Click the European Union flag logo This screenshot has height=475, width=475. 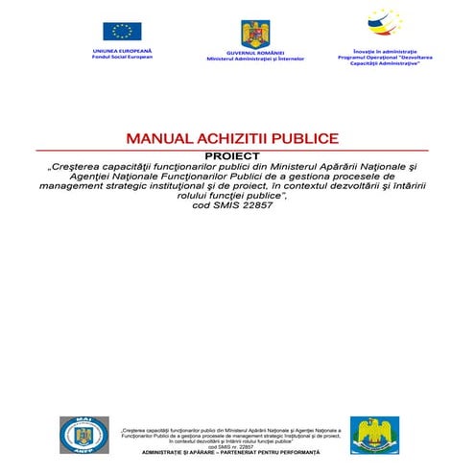(122, 32)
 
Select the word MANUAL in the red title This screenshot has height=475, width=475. (157, 139)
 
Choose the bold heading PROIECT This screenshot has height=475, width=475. (238, 155)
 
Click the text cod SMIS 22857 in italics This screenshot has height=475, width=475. (238, 207)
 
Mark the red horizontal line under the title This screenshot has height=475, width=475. (238, 150)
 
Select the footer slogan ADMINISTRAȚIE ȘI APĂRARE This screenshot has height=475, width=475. (192, 451)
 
